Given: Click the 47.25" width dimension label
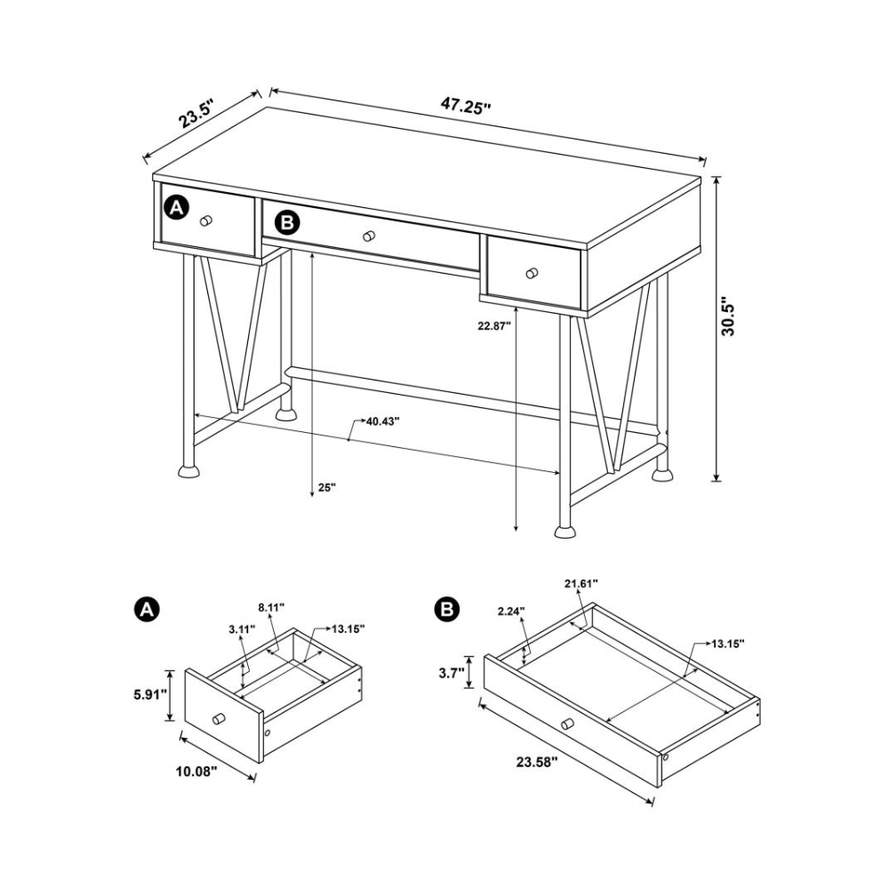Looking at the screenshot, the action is coord(466,106).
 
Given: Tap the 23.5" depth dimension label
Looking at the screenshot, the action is coord(196,114).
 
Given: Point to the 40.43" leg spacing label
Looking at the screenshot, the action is coord(382,421).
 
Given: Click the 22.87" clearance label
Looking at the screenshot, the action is coord(494,325).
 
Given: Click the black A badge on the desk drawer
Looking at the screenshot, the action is coord(176,207).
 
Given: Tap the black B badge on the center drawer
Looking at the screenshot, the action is coord(288,222).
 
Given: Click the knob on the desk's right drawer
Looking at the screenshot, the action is coord(532,273).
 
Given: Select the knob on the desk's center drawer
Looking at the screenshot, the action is coord(369,236).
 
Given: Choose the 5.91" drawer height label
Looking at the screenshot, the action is coord(150,694).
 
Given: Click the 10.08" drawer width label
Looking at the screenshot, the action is coord(196,771).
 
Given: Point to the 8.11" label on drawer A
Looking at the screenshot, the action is coord(271,608).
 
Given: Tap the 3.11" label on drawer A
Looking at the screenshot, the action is coord(242,629).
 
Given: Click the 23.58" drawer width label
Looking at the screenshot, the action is coord(537,762).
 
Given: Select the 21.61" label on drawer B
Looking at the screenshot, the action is coord(581,583).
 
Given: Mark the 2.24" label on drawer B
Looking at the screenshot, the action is coord(511,611).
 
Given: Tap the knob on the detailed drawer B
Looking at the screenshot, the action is coord(567,724).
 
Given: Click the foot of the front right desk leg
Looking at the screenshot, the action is coord(565,532).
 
